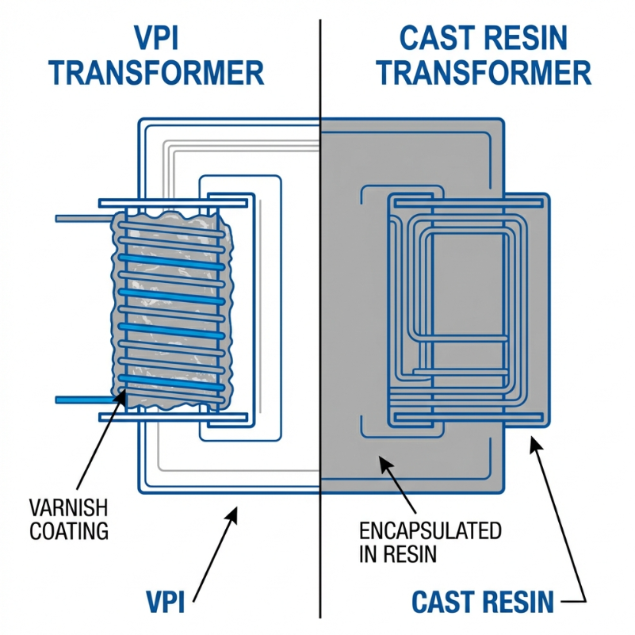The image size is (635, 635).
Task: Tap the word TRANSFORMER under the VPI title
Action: click(157, 73)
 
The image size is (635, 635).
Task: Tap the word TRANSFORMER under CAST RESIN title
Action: click(484, 73)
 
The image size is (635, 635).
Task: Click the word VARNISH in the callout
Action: click(68, 508)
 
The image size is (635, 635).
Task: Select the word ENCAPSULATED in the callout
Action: click(430, 530)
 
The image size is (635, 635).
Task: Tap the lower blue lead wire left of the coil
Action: click(83, 399)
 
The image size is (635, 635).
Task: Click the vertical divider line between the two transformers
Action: click(320, 317)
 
